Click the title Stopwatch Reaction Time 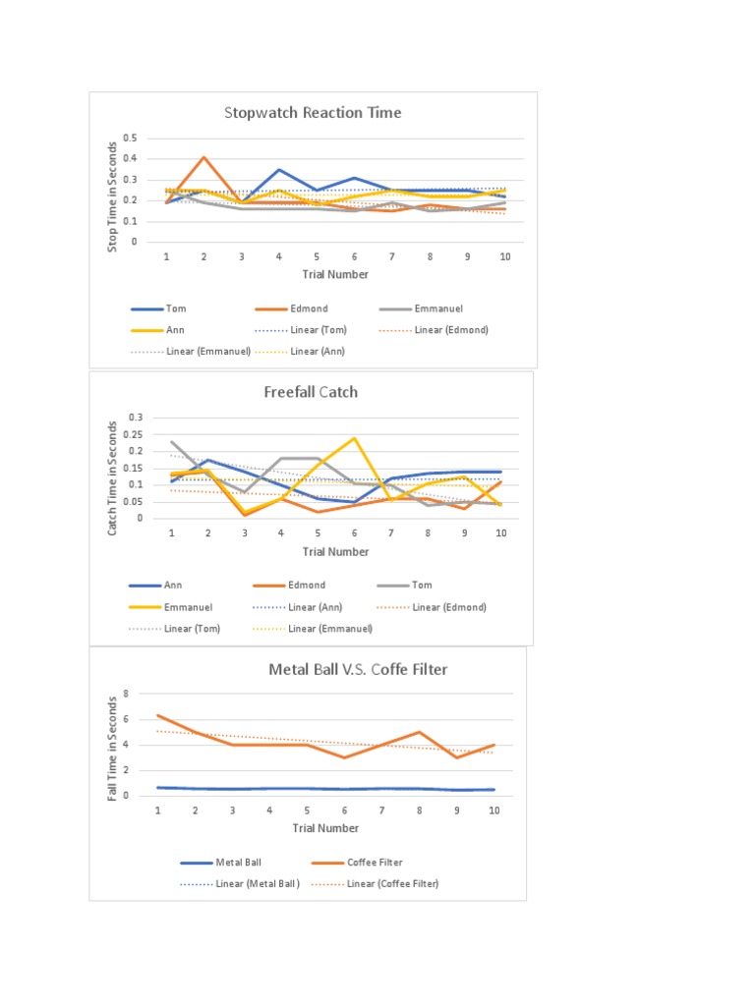click(313, 112)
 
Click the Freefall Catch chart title click(311, 392)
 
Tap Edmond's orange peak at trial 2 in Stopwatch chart click(203, 157)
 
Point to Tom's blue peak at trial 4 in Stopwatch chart click(279, 170)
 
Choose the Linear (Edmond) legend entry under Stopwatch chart click(451, 329)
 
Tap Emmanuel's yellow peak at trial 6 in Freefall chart click(354, 438)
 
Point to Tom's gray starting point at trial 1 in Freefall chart click(172, 442)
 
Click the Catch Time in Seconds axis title click(113, 477)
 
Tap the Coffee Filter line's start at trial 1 click(158, 715)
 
